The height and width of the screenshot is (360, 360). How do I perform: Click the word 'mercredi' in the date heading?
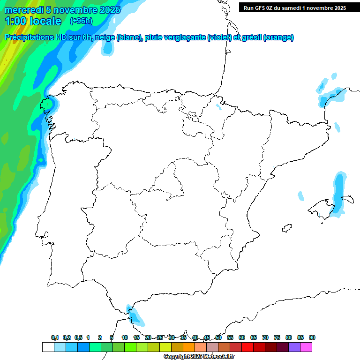tap(23, 9)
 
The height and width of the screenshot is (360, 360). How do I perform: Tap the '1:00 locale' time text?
tap(33, 21)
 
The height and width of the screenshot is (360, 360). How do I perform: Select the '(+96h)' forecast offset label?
tap(81, 21)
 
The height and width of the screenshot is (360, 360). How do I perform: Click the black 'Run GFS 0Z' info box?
tap(292, 7)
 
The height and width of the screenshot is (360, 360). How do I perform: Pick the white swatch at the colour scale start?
tap(48, 347)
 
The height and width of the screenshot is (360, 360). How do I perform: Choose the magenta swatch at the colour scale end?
tap(306, 347)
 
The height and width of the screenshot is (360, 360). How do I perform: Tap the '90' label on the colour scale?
tap(312, 338)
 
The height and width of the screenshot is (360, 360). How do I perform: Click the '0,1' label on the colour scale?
tap(55, 338)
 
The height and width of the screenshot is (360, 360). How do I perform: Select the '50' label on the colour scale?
tap(218, 338)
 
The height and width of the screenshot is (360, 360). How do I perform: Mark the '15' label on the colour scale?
tap(136, 338)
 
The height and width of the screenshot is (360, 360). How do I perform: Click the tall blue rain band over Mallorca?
tap(338, 192)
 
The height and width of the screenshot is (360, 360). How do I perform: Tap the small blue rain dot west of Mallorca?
tap(301, 196)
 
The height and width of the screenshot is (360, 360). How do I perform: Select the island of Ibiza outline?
tap(286, 229)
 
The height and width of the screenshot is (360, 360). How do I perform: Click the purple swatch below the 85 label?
tap(294, 347)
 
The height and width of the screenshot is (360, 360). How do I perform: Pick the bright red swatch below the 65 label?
tap(247, 347)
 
